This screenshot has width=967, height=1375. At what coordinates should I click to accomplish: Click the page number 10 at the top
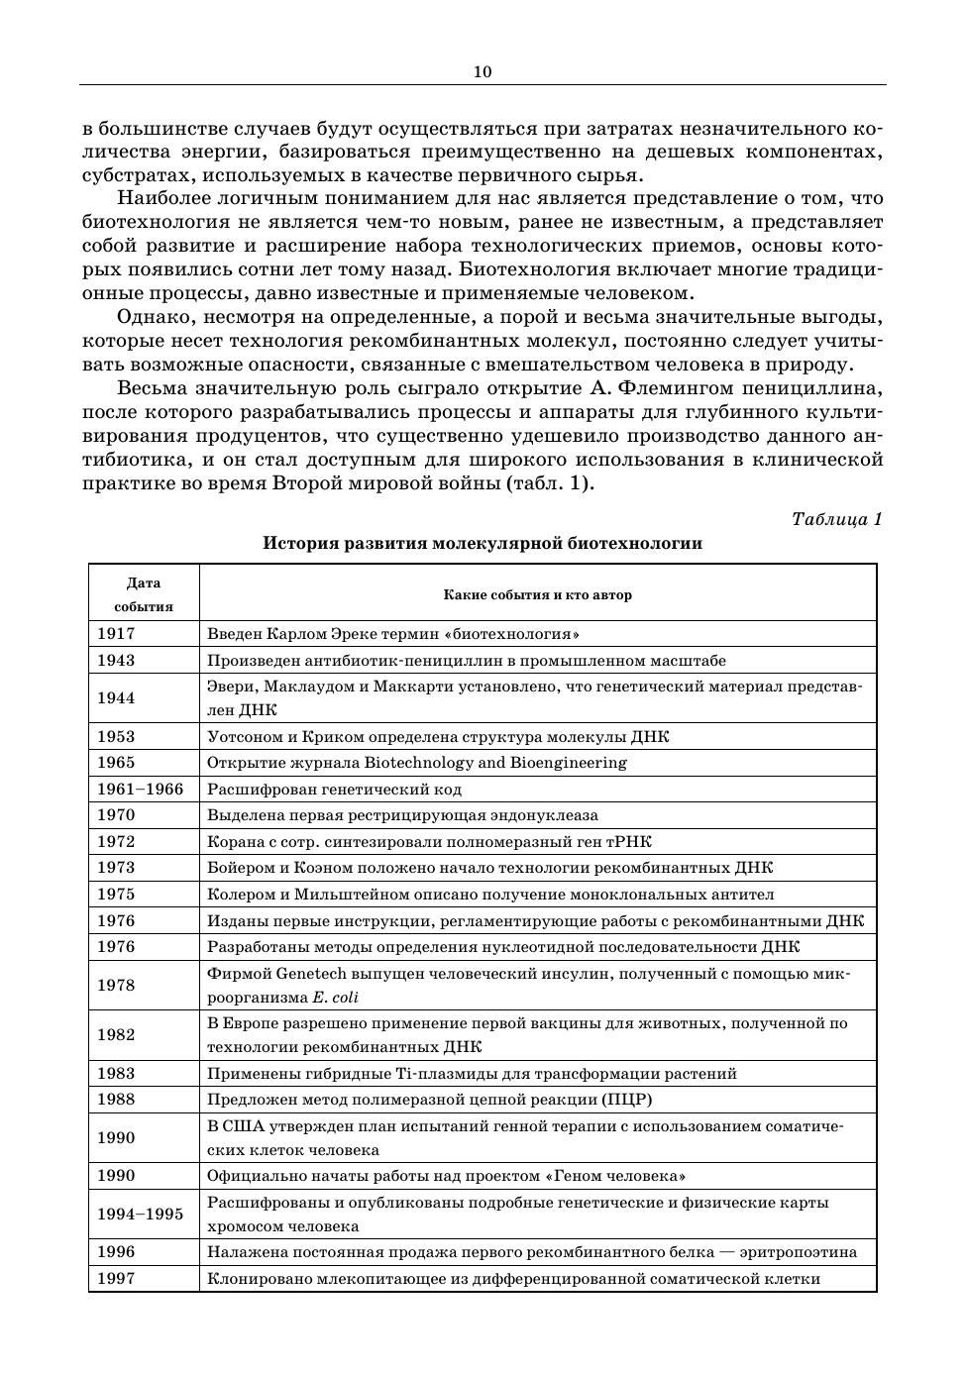click(x=483, y=71)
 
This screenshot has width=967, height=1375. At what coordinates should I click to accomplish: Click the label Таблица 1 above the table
click(x=836, y=519)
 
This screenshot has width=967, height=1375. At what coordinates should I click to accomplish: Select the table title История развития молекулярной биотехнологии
click(x=483, y=543)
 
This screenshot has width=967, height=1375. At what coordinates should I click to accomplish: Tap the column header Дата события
click(x=144, y=594)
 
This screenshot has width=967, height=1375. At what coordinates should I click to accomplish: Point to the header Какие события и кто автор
click(x=537, y=595)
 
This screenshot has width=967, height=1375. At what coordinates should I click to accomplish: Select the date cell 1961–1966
click(x=140, y=790)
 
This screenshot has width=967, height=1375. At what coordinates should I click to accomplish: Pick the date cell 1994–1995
click(x=140, y=1215)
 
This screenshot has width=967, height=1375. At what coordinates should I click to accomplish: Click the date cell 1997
click(x=116, y=1279)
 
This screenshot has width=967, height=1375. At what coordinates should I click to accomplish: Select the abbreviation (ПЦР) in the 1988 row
click(x=626, y=1100)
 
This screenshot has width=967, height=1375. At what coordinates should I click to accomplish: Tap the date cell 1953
click(x=116, y=737)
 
